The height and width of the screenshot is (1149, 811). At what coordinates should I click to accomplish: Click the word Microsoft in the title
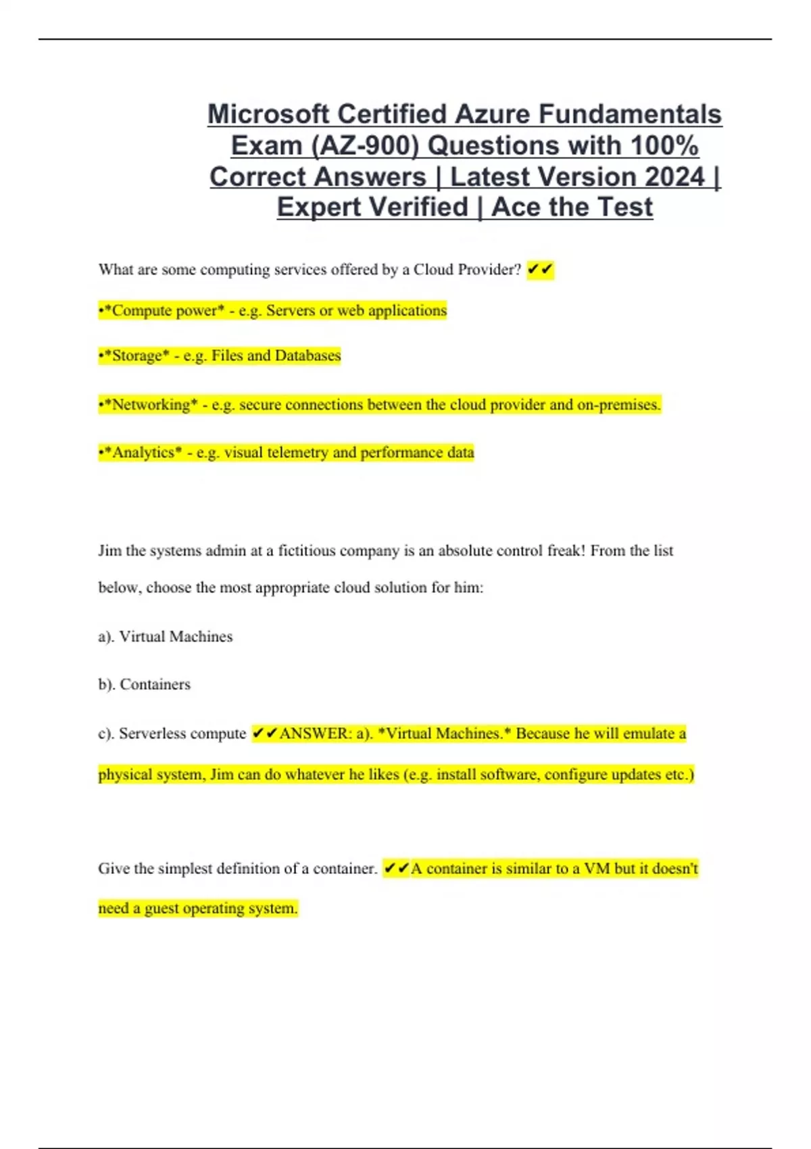click(269, 114)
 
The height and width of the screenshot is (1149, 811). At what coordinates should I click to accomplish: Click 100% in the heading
click(664, 145)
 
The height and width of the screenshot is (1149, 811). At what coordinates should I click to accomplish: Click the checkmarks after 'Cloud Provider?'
click(540, 270)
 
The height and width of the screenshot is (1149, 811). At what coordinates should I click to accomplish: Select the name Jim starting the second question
click(109, 551)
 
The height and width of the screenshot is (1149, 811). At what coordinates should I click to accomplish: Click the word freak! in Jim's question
click(566, 551)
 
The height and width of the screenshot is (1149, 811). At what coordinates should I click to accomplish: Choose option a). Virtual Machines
click(166, 637)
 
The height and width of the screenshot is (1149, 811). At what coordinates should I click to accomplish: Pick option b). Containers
click(145, 685)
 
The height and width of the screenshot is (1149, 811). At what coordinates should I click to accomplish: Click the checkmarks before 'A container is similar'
click(396, 869)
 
